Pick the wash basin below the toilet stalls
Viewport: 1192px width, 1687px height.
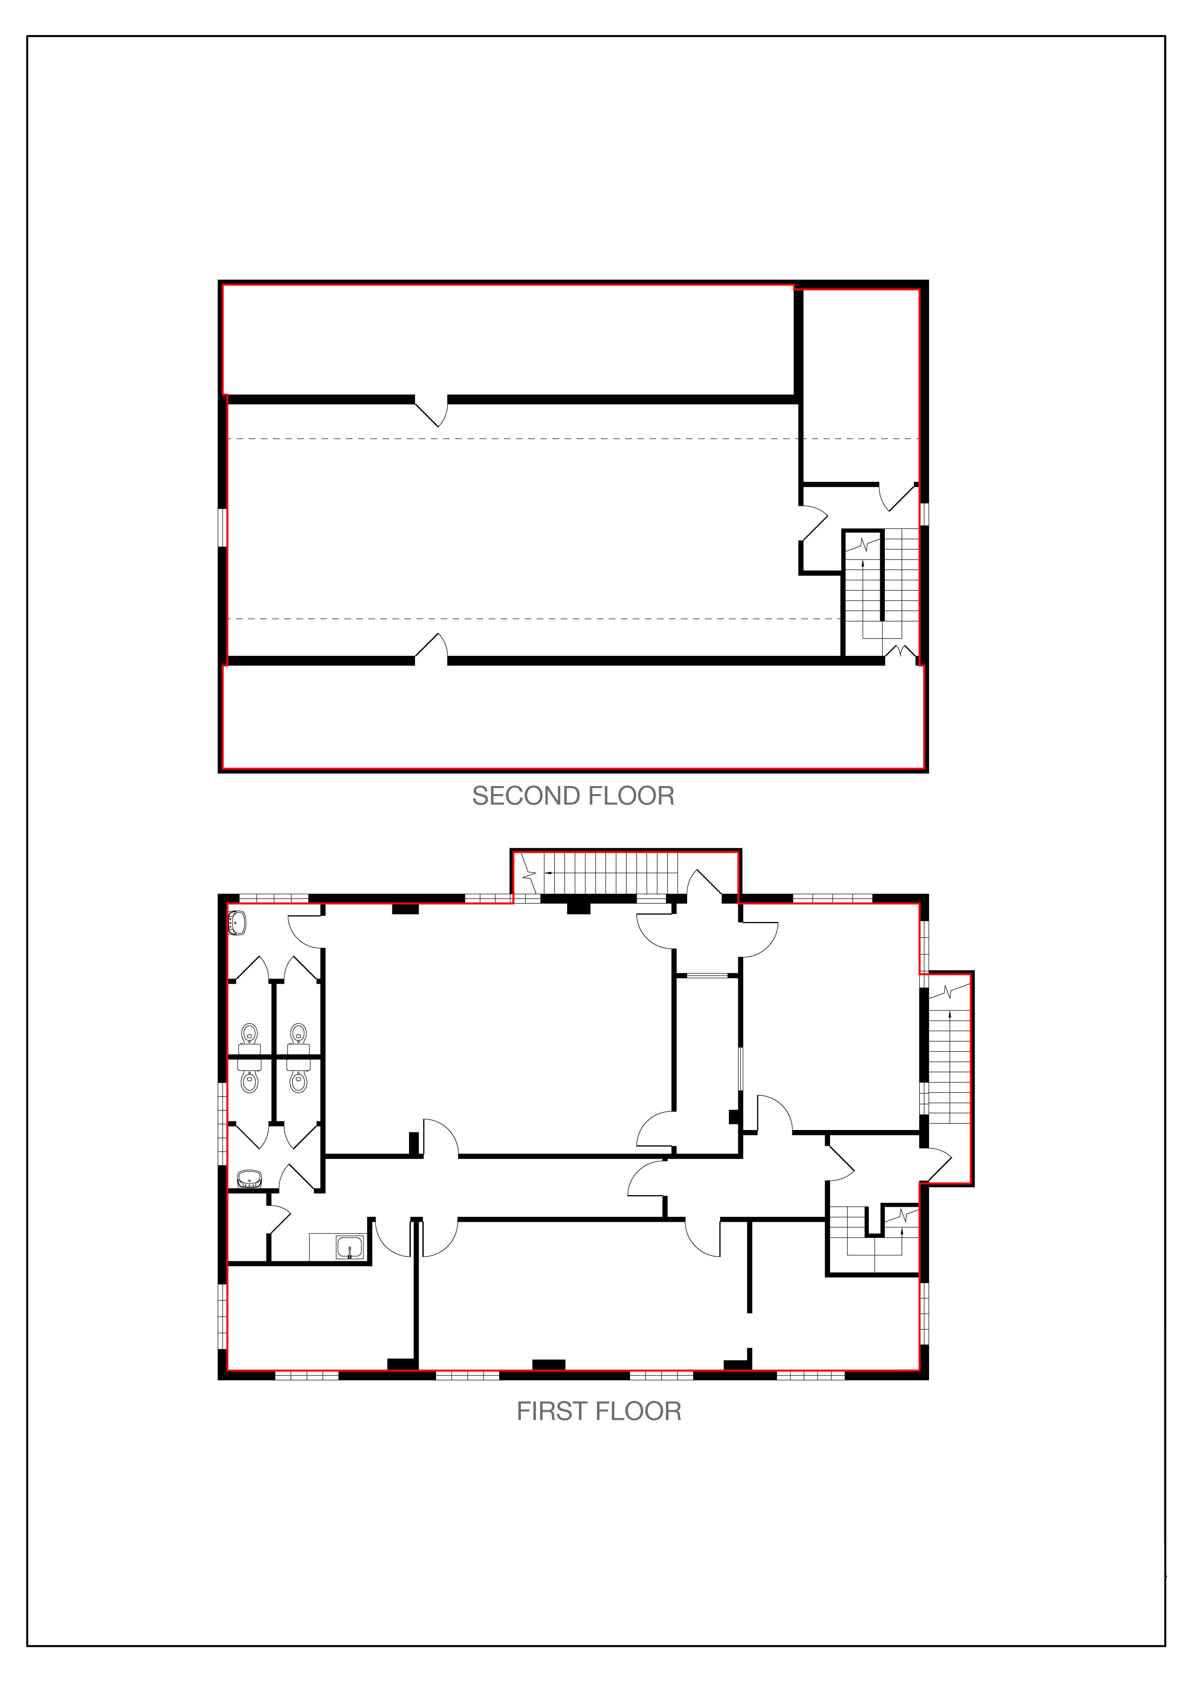(250, 1178)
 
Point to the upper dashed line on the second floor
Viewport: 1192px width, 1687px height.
(573, 439)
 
